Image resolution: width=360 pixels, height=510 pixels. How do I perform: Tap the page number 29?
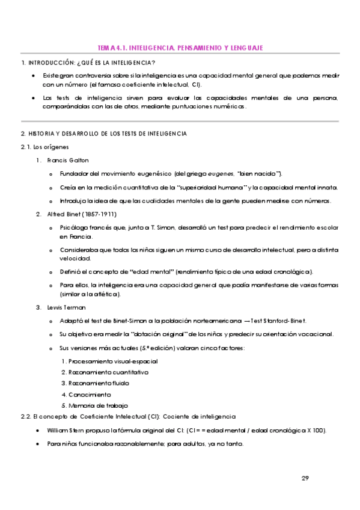pos(305,478)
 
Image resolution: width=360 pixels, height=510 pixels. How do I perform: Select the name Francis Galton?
pos(67,160)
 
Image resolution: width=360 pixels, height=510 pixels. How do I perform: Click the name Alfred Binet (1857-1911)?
pos(81,214)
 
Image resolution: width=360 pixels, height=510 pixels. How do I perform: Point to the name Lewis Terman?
pos(67,307)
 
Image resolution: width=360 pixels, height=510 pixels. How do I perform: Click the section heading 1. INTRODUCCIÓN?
pos(88,63)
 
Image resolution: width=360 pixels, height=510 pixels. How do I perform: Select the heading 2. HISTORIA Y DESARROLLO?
pos(103,133)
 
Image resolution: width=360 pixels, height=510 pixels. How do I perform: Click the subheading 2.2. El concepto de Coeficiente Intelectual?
pos(129,416)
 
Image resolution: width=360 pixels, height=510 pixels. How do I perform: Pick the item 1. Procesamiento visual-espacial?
pos(109,361)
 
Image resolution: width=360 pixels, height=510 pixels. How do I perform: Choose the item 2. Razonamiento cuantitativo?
pos(105,372)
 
